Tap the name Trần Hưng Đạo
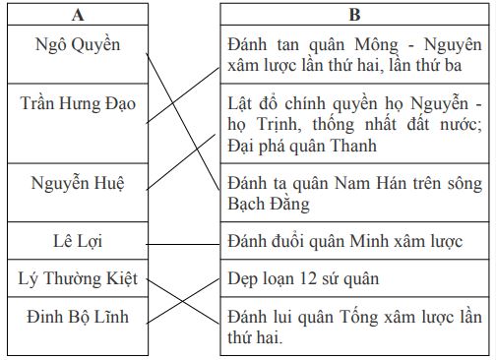(x=78, y=102)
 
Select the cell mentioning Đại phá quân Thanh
(x=349, y=123)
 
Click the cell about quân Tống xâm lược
(x=353, y=327)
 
